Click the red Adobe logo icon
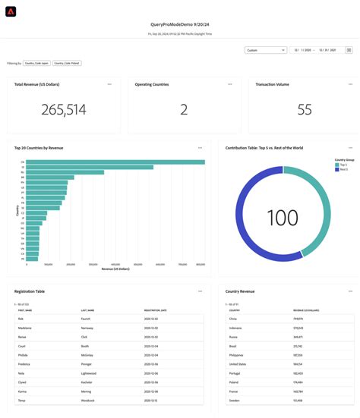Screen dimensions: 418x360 click(x=11, y=11)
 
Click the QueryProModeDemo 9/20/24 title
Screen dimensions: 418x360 click(x=179, y=24)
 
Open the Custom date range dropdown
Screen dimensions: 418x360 click(x=265, y=50)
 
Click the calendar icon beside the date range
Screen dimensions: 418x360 click(x=349, y=50)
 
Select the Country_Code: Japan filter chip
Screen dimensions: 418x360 click(x=36, y=64)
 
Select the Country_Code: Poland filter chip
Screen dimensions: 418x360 click(x=67, y=64)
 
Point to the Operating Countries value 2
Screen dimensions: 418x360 click(x=184, y=110)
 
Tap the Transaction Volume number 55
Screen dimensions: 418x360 click(x=304, y=110)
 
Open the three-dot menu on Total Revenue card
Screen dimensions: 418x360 click(x=109, y=84)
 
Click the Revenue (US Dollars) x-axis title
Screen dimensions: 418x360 click(x=115, y=269)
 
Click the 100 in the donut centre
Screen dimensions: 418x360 click(x=283, y=218)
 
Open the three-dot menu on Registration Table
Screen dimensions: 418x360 click(x=201, y=291)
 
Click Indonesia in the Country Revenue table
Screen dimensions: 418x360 click(x=236, y=326)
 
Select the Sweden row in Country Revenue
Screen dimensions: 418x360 click(x=235, y=400)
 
